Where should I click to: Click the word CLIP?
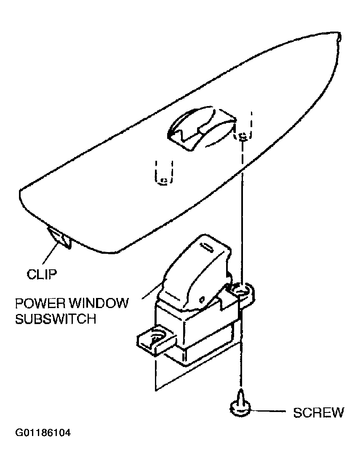pos(42,274)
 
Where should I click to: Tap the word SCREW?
pos(318,412)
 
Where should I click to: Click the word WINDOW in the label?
pos(99,303)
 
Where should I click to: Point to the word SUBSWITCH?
pos(56,319)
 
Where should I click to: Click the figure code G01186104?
pos(43,433)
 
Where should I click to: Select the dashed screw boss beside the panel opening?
pos(243,125)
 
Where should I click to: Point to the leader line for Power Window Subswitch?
pos(152,290)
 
